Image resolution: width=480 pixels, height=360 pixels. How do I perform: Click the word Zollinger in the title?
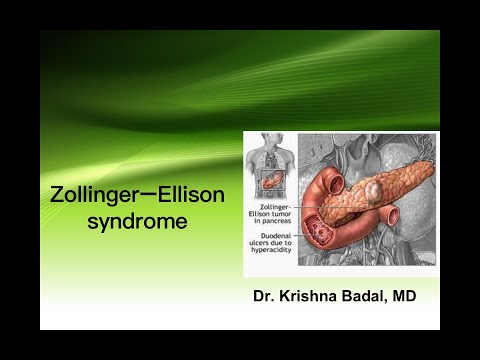tap(93, 194)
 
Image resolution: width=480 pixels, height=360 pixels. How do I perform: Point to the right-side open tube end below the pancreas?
tap(393, 216)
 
